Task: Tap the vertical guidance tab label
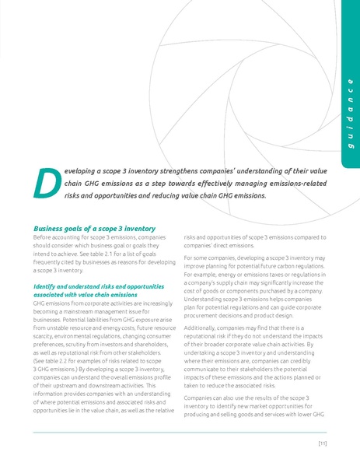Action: click(x=349, y=117)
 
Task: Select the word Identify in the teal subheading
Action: click(x=45, y=287)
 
